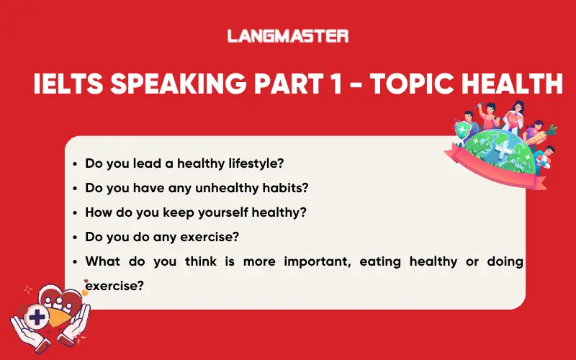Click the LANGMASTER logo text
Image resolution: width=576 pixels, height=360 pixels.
coord(287,35)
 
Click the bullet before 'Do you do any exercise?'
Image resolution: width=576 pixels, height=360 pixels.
coord(75,237)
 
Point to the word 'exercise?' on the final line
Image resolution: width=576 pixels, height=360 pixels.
coord(114,285)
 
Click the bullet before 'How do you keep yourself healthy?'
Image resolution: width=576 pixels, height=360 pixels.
coord(75,212)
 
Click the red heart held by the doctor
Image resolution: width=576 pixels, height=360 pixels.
coord(513,117)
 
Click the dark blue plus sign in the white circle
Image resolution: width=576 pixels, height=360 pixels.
coord(35,318)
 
